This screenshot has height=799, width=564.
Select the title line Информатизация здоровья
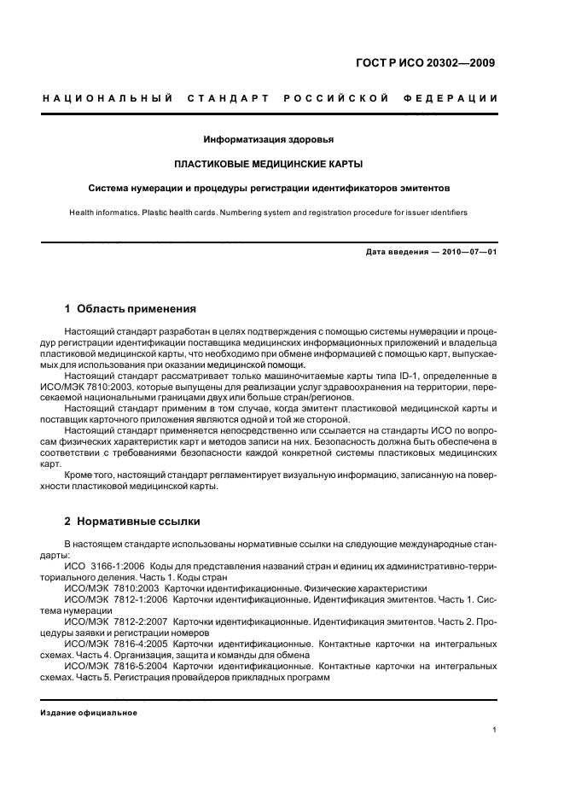268,138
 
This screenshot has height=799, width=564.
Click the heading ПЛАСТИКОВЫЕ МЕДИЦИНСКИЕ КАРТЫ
268,163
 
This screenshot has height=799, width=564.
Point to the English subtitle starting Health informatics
268,211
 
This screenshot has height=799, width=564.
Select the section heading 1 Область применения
131,308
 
